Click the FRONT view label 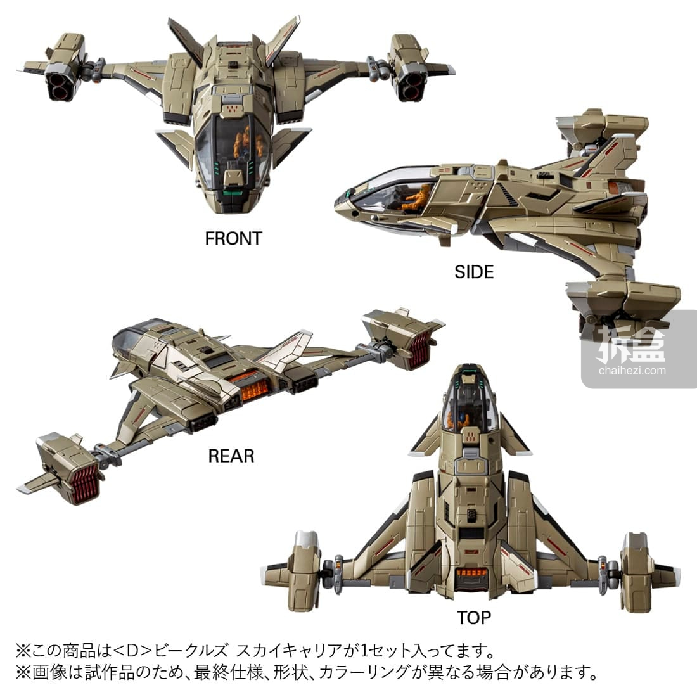pyautogui.click(x=233, y=239)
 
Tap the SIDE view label pyautogui.click(x=474, y=272)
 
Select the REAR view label pyautogui.click(x=231, y=456)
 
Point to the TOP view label pyautogui.click(x=474, y=618)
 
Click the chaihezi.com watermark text pyautogui.click(x=632, y=370)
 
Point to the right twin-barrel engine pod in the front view pyautogui.click(x=409, y=68)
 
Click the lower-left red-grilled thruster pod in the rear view pyautogui.click(x=67, y=469)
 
